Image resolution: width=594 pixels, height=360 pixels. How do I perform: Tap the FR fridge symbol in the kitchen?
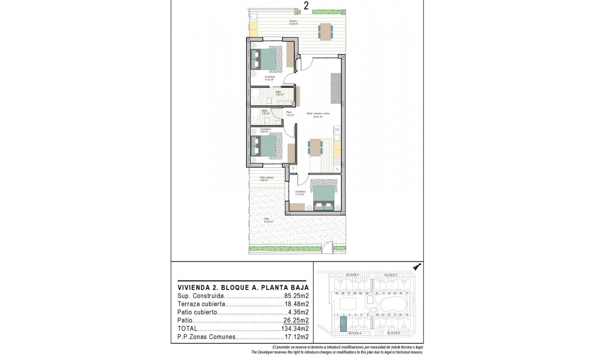tap(337, 130)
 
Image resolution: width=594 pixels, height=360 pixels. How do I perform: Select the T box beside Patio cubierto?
tap(293, 169)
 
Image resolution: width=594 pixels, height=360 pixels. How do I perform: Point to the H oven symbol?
tap(337, 169)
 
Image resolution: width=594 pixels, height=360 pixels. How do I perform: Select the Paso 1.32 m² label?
tap(288, 114)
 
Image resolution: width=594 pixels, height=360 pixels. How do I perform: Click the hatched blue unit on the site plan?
tap(343, 324)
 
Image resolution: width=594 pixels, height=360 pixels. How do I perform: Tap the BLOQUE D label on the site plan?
tap(352, 275)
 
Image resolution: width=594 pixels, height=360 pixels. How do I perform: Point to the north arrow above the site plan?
tap(417, 266)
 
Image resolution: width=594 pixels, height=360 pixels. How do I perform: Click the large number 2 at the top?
tap(306, 5)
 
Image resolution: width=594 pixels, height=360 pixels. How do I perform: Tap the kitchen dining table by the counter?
tap(315, 147)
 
